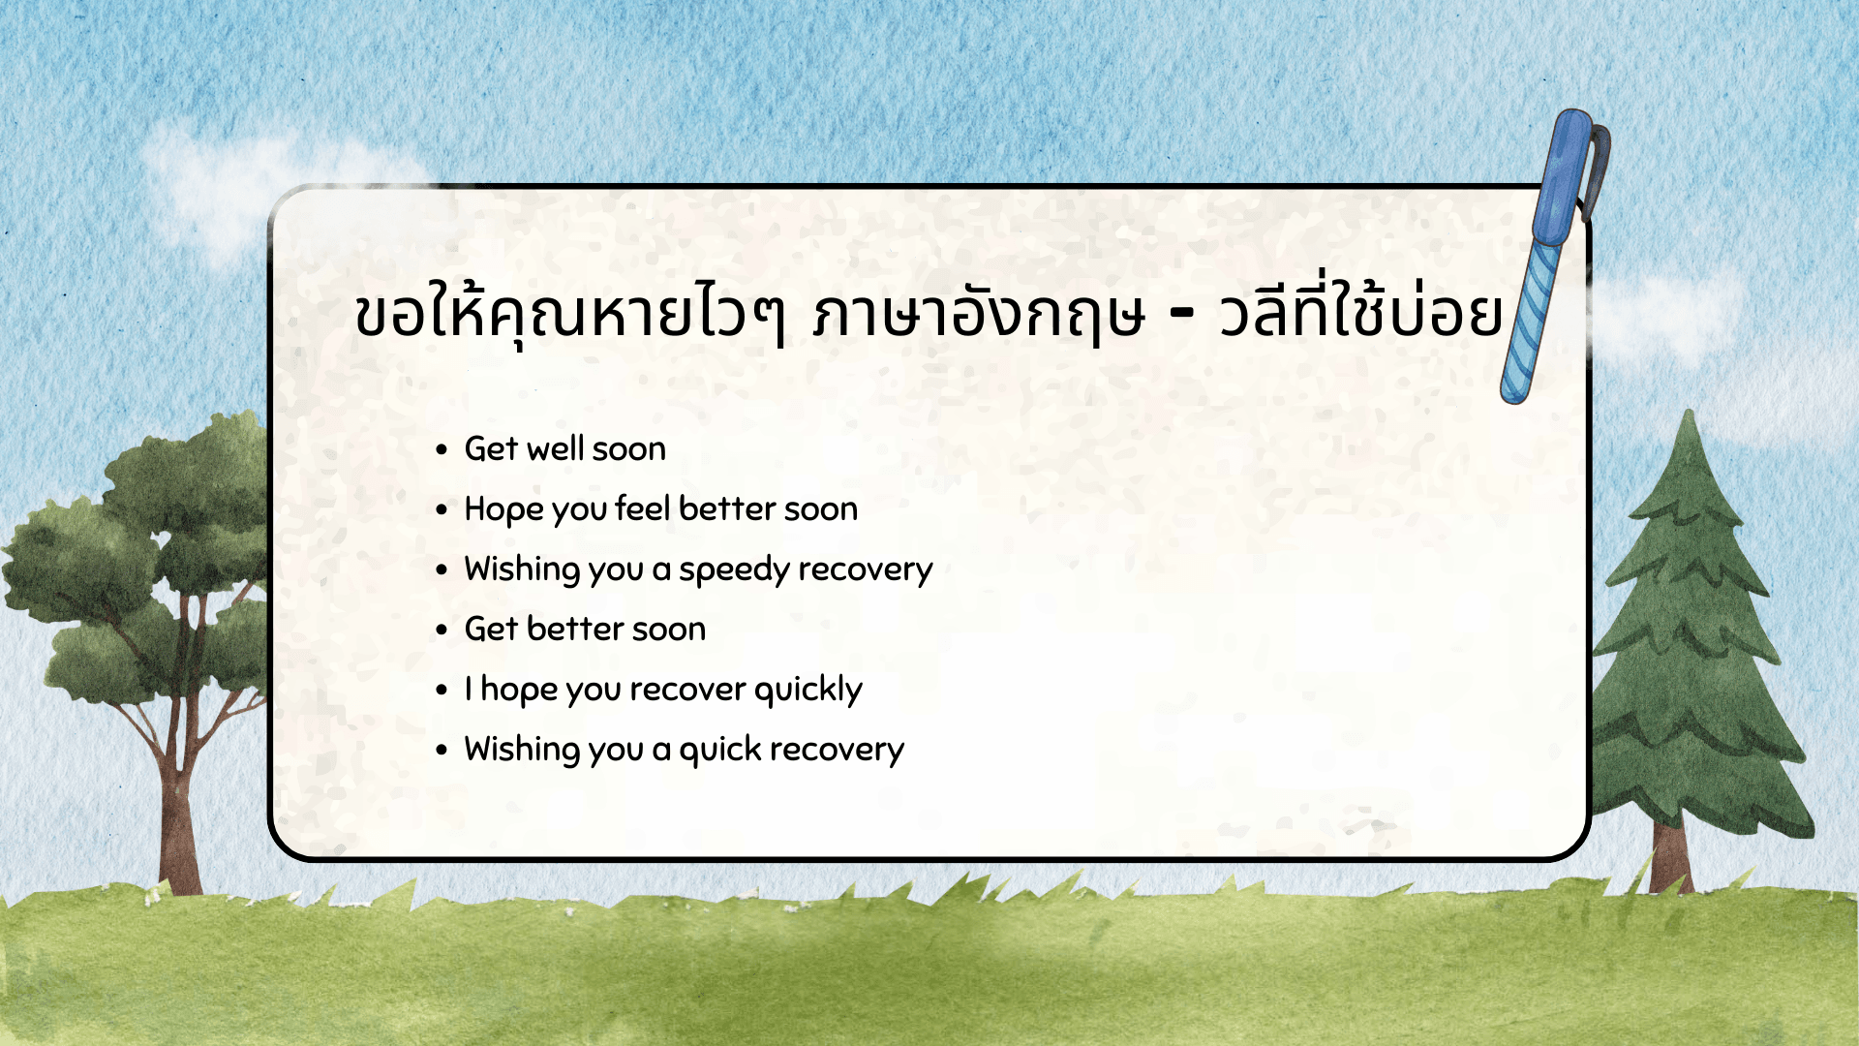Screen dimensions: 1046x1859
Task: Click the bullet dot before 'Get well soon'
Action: tap(442, 449)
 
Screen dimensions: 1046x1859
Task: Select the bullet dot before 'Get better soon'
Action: tap(442, 630)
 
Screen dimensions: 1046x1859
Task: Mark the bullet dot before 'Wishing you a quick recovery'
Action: tap(442, 750)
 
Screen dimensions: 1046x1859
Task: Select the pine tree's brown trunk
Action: tap(1671, 857)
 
